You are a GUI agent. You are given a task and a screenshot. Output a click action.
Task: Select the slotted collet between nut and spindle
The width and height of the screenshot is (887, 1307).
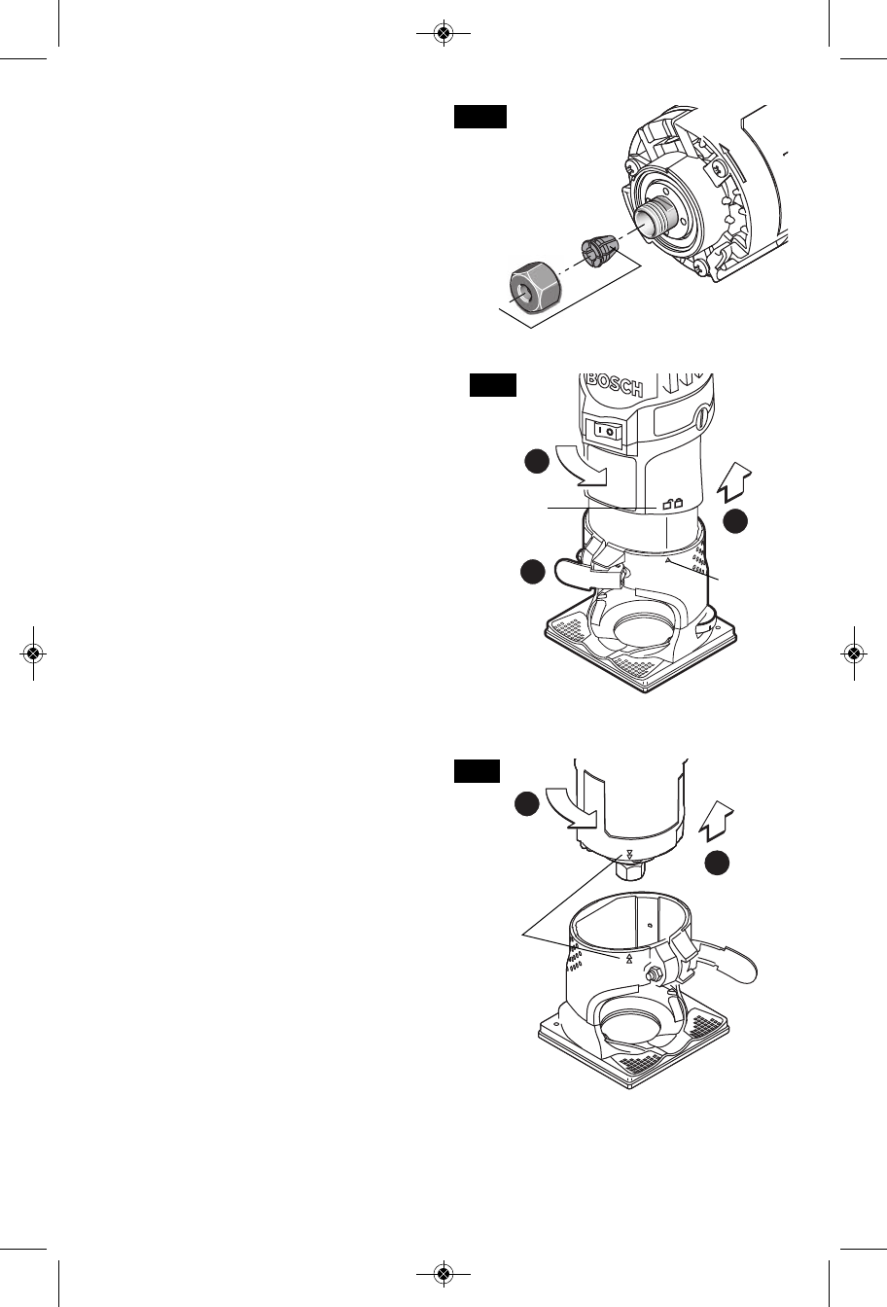(x=598, y=249)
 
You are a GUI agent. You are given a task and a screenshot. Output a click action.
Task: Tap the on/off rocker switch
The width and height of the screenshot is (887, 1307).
(x=605, y=428)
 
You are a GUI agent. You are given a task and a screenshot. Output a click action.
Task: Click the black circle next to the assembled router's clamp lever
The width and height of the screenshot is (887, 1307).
(x=531, y=572)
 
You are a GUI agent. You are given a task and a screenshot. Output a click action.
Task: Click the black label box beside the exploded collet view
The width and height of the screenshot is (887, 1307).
(x=480, y=118)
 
